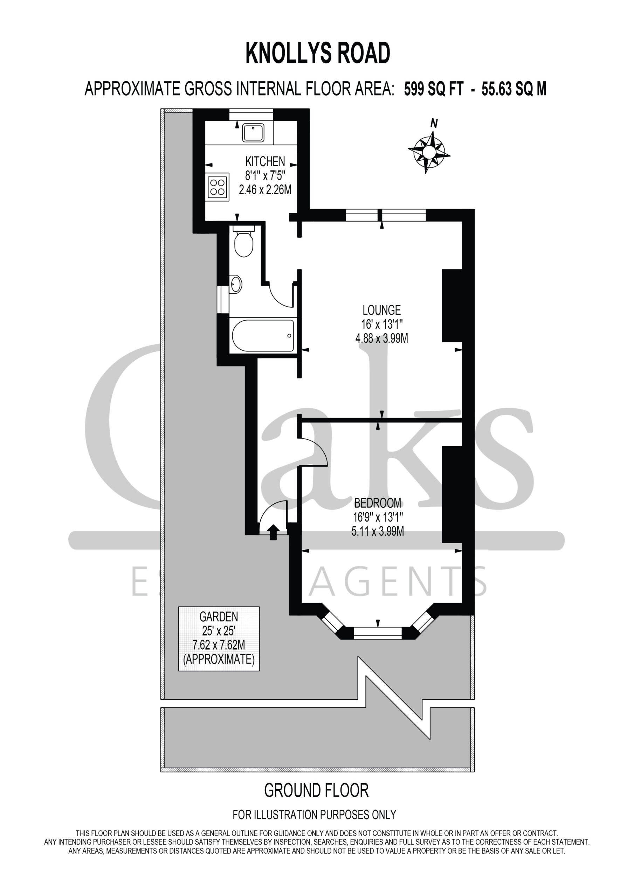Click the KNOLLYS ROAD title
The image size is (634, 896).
click(318, 54)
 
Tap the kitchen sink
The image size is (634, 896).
click(253, 133)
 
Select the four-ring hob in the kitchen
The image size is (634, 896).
click(218, 187)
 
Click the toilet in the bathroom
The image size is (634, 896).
click(244, 241)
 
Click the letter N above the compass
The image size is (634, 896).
click(434, 123)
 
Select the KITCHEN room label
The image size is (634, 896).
click(265, 161)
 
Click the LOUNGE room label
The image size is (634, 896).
click(382, 310)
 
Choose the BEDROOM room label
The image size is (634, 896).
click(377, 503)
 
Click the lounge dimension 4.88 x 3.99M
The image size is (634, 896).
click(382, 338)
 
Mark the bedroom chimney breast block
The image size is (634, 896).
click(452, 495)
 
